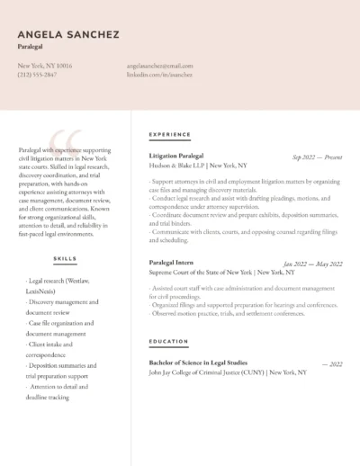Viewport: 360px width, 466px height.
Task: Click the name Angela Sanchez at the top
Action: [x=67, y=34]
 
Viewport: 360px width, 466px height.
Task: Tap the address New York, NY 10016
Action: [x=45, y=66]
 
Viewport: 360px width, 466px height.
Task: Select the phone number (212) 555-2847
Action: [x=37, y=75]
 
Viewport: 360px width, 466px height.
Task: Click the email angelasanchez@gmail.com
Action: [x=160, y=66]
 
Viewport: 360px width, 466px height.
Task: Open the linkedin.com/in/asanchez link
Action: [x=159, y=75]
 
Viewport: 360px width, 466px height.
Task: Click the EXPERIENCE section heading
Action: [x=169, y=134]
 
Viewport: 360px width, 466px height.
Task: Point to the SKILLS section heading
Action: [x=65, y=258]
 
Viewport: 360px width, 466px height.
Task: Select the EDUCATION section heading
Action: [x=168, y=342]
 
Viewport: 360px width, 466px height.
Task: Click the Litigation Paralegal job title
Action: [x=175, y=156]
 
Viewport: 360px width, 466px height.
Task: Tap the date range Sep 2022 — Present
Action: [x=317, y=157]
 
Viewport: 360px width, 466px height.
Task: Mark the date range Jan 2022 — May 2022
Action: [x=312, y=264]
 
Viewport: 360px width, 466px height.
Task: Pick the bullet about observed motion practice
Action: [x=228, y=313]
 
